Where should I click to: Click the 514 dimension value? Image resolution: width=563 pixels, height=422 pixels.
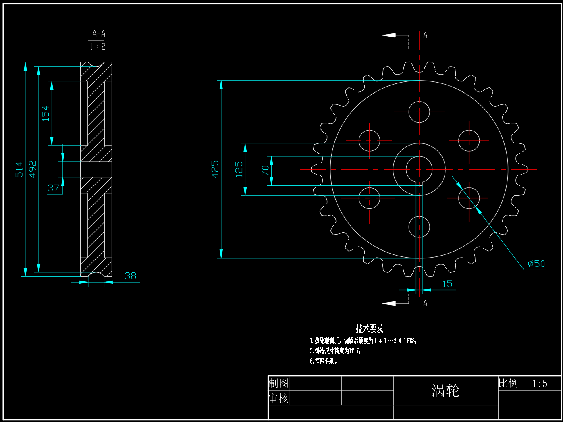tap(19, 169)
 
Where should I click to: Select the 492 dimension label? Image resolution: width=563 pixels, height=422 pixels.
tap(33, 168)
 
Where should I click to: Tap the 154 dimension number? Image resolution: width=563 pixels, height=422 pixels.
tap(46, 113)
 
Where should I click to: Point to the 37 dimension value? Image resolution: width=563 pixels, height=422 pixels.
tap(54, 188)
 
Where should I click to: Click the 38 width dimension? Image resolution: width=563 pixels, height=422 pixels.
tap(131, 276)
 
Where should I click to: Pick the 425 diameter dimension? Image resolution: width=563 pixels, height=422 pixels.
tap(215, 169)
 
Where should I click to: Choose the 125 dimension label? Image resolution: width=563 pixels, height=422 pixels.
tap(239, 169)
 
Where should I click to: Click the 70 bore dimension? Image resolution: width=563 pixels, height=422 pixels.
tap(265, 170)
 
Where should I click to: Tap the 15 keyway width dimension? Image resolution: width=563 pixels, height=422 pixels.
tap(447, 284)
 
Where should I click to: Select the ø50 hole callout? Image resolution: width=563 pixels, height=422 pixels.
tap(536, 264)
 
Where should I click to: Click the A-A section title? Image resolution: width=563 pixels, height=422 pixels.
tap(99, 33)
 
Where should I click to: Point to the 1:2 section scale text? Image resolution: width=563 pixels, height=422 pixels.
tap(98, 47)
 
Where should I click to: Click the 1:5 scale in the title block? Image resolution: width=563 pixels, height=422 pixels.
tap(540, 384)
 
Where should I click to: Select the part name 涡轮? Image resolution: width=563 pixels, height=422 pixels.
tap(445, 390)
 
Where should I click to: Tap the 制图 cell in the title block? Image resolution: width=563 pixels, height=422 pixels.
tap(278, 383)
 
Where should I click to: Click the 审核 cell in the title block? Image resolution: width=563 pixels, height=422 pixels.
tap(278, 398)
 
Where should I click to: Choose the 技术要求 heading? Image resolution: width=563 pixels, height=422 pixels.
tap(369, 328)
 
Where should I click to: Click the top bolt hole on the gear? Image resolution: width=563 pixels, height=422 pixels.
tap(419, 112)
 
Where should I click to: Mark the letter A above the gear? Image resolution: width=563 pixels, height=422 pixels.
tap(425, 35)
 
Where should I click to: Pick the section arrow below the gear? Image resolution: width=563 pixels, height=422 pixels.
tap(389, 303)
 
